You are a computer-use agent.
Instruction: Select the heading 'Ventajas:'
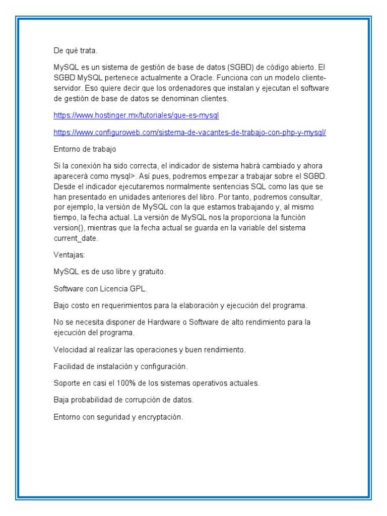pos(70,255)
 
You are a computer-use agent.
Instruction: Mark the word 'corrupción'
pos(144,400)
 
